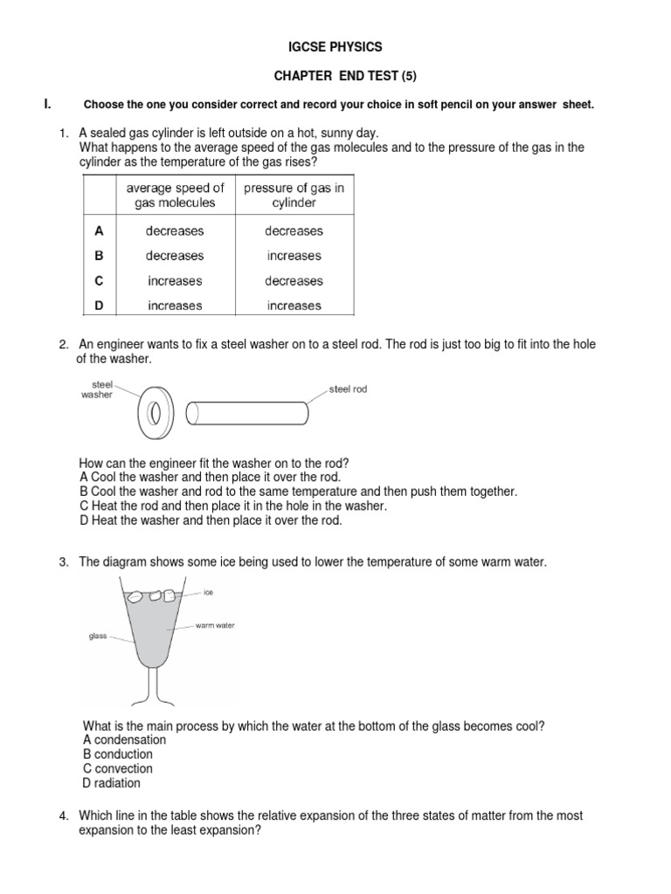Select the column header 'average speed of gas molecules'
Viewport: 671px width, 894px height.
click(x=175, y=195)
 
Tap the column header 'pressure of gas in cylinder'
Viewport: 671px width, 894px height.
click(x=294, y=195)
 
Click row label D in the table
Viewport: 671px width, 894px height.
click(x=99, y=306)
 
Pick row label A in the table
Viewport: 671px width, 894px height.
click(x=99, y=231)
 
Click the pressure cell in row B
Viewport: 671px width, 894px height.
click(x=294, y=256)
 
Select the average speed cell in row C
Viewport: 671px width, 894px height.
click(x=175, y=281)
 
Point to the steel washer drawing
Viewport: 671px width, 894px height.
click(x=156, y=409)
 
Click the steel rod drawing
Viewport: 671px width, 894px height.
click(x=248, y=409)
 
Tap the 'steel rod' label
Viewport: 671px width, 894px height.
click(x=348, y=389)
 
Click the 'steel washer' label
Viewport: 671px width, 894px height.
click(x=97, y=389)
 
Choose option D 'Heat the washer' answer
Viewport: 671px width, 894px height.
click(x=211, y=520)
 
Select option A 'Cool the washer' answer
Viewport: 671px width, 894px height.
click(x=210, y=477)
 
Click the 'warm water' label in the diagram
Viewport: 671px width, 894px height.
click(x=215, y=625)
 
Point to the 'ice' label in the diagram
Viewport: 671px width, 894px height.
click(x=208, y=592)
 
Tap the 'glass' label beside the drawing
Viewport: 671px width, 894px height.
click(x=97, y=636)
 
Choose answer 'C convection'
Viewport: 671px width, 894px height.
click(x=117, y=768)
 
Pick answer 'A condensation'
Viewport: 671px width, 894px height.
click(x=123, y=739)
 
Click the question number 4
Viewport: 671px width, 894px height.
click(x=64, y=815)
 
